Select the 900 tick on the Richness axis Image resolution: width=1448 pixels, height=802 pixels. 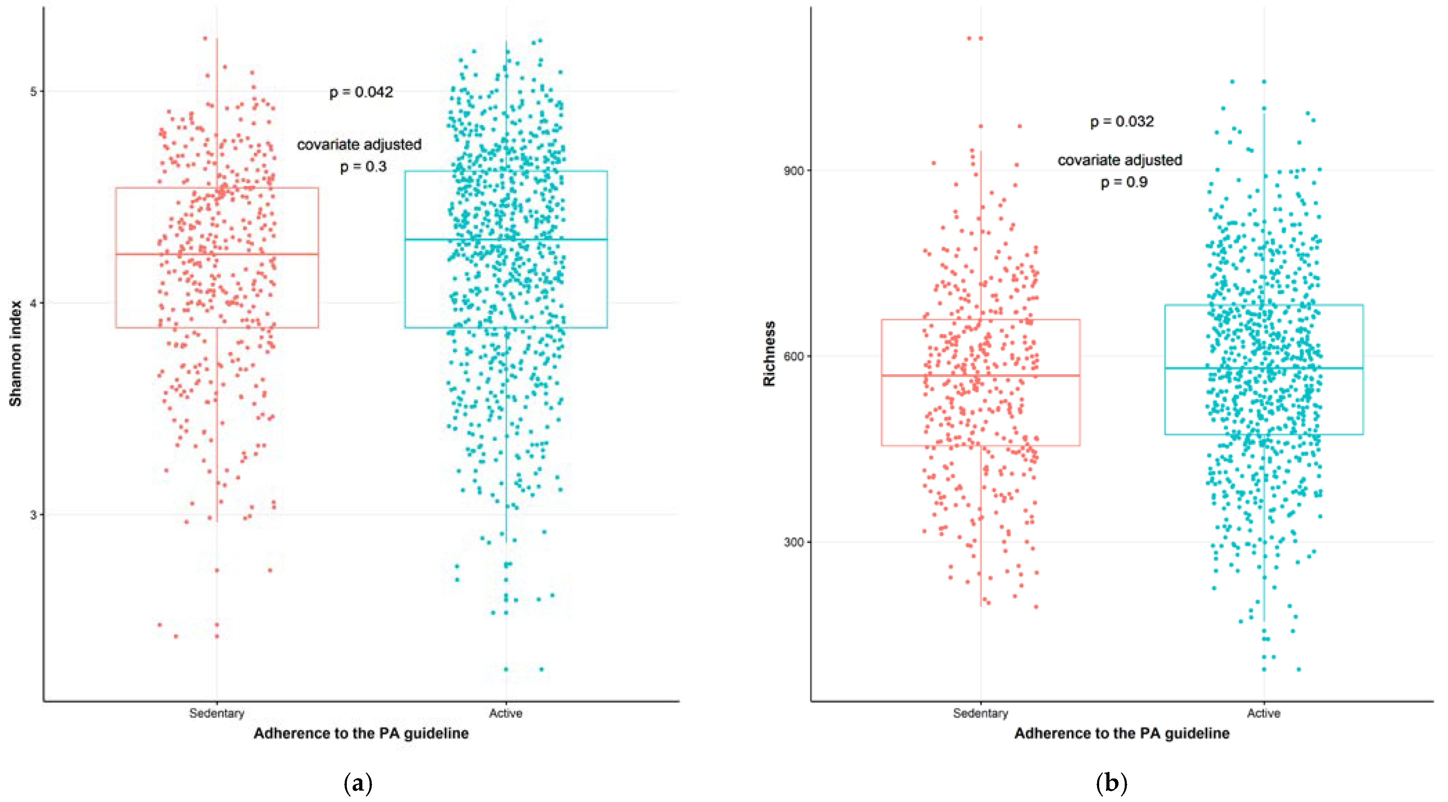794,170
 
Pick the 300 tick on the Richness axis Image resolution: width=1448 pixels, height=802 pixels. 794,542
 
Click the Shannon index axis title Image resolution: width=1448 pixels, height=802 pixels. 15,353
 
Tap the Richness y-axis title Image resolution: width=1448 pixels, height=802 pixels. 769,353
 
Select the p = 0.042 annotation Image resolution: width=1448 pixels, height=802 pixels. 361,92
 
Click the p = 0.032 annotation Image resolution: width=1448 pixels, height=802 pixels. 1122,121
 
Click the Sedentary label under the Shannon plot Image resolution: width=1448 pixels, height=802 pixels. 217,713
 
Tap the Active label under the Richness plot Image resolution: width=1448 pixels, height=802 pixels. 1264,713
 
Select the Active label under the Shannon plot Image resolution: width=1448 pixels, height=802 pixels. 506,713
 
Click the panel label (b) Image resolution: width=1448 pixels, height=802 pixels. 1111,783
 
